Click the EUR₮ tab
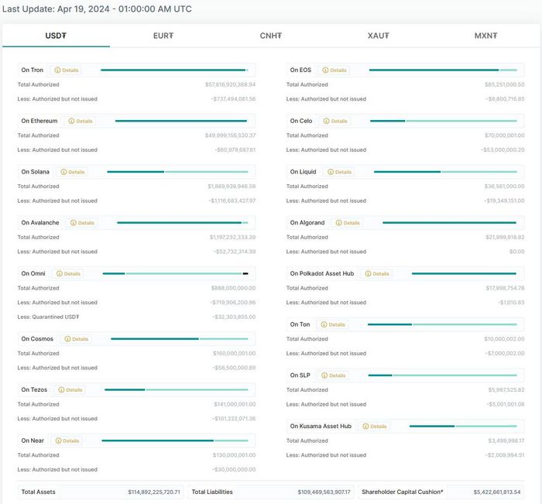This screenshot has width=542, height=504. [x=163, y=36]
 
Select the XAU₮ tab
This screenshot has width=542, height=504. [x=379, y=36]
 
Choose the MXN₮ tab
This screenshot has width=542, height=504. [x=485, y=36]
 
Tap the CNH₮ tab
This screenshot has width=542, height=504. [x=271, y=36]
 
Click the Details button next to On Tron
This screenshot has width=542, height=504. [x=67, y=70]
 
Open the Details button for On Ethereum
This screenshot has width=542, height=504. [x=81, y=121]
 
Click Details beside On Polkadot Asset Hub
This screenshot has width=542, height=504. [x=378, y=274]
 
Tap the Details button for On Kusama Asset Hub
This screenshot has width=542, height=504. [x=375, y=427]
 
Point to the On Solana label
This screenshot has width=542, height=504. [x=35, y=172]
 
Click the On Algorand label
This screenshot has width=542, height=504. [x=307, y=223]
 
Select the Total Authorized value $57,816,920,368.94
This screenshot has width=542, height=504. [x=230, y=84]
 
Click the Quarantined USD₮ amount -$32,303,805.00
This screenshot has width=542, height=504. [x=233, y=317]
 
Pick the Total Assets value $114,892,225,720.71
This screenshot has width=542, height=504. [x=154, y=492]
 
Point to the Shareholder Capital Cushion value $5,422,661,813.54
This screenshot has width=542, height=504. [x=497, y=492]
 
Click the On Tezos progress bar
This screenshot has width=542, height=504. [x=176, y=389]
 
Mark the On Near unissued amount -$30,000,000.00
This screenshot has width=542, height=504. [x=234, y=469]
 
